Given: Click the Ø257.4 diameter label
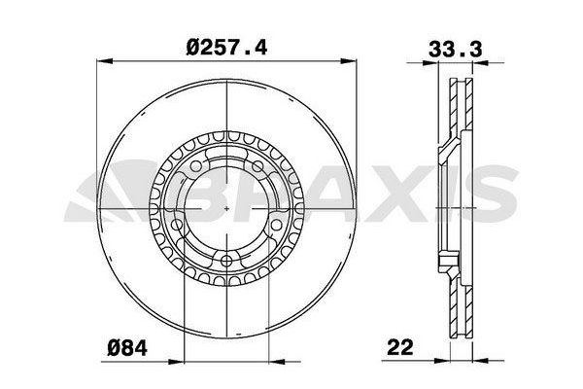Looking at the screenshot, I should tap(224, 45).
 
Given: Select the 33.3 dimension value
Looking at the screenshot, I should tap(448, 45).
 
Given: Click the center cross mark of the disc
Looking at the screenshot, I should tap(225, 211).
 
